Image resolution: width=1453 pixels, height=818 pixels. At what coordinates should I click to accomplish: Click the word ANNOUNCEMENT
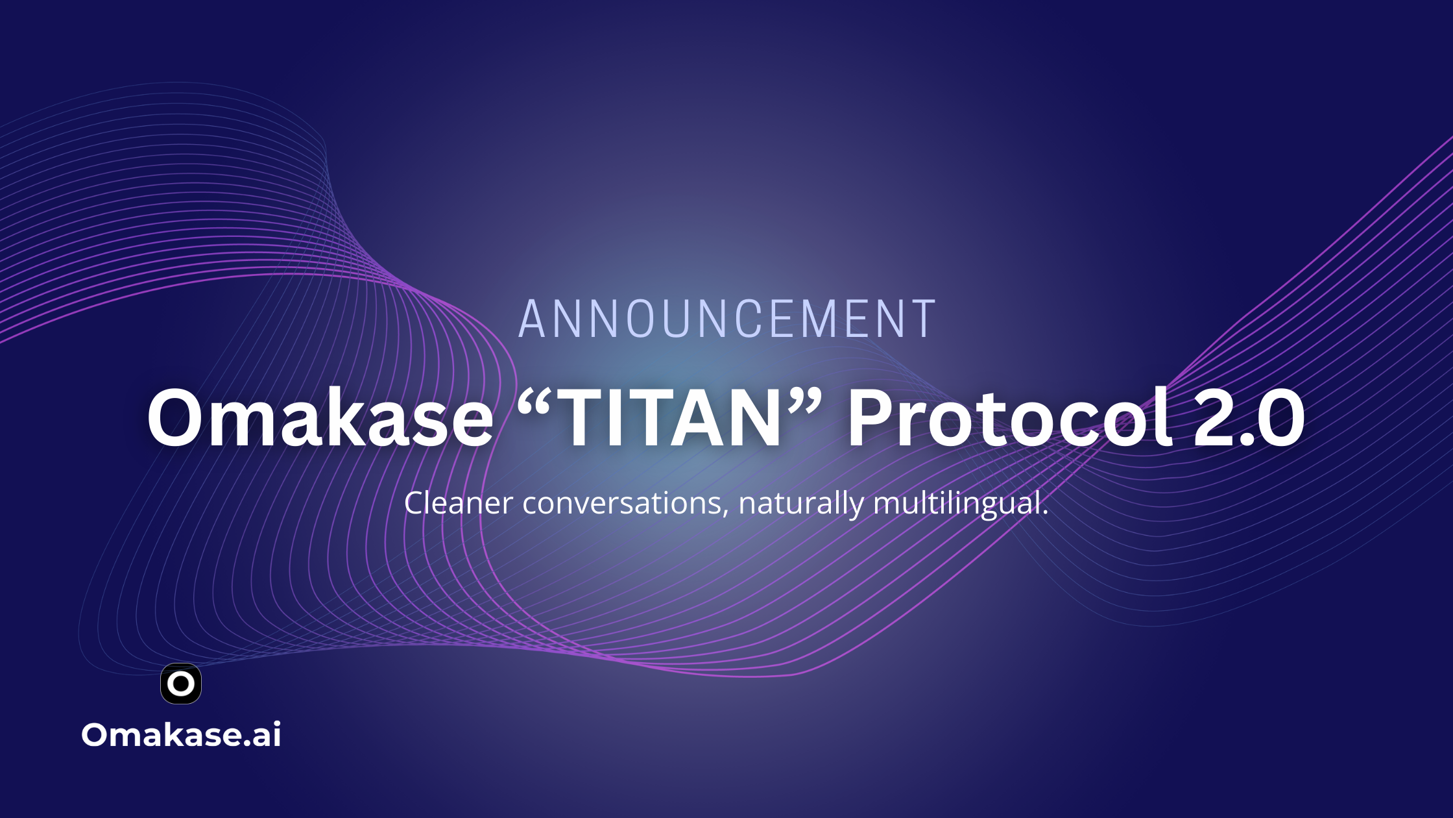pyautogui.click(x=727, y=319)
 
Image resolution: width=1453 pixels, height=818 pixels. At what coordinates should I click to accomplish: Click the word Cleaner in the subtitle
pyautogui.click(x=459, y=503)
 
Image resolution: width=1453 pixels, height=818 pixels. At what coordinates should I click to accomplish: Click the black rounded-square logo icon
pyautogui.click(x=181, y=684)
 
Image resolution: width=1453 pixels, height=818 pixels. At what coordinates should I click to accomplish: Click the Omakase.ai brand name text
pyautogui.click(x=181, y=735)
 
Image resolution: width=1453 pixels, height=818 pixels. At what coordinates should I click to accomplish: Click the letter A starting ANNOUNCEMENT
pyautogui.click(x=531, y=319)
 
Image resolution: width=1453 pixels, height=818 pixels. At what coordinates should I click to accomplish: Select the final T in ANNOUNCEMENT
pyautogui.click(x=923, y=319)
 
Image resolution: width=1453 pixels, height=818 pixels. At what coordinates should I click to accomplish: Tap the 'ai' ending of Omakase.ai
pyautogui.click(x=267, y=736)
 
